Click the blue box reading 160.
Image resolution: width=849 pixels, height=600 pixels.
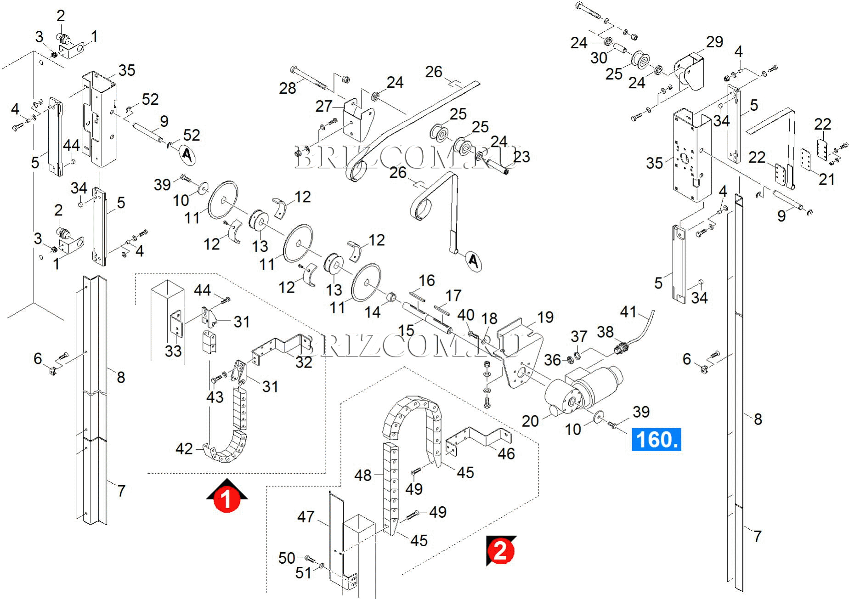[656, 440]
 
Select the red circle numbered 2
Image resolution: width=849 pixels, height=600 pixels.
[500, 550]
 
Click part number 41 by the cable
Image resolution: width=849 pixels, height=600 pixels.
[628, 312]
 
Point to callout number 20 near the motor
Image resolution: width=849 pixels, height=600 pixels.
[530, 420]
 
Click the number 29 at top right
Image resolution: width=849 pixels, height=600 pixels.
[714, 42]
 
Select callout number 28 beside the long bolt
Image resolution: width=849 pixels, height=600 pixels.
[288, 88]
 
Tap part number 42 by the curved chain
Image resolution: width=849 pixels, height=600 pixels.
[184, 448]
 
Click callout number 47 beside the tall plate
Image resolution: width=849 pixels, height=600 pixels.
[306, 517]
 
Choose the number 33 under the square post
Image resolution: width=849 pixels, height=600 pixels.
[173, 351]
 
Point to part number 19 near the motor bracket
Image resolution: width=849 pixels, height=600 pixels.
[545, 317]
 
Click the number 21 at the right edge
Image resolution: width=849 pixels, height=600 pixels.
[827, 179]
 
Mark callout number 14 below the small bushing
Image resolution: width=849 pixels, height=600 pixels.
[373, 312]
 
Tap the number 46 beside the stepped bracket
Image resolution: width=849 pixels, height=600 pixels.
[506, 454]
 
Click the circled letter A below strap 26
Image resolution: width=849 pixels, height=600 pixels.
[474, 261]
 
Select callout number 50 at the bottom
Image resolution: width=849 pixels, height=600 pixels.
[287, 558]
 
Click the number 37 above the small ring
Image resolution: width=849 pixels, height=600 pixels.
[579, 336]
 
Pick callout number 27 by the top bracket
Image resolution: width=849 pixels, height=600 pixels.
[323, 106]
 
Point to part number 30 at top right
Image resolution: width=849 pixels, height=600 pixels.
[599, 58]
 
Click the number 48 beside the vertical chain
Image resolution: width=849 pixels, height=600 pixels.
[363, 475]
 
